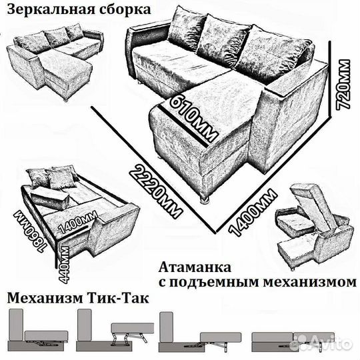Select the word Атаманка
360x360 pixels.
(x=195, y=267)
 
